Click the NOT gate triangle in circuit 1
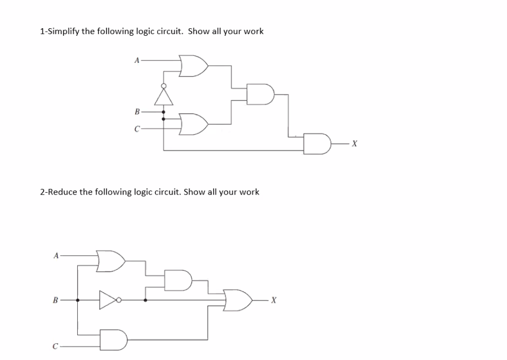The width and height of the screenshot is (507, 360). point(164,95)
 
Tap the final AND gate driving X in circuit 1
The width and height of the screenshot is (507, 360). point(316,144)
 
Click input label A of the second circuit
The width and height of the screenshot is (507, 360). point(56,256)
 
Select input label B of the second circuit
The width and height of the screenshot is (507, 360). point(56,300)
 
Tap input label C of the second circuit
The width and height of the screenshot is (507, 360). point(56,346)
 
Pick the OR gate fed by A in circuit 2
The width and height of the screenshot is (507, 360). point(111,261)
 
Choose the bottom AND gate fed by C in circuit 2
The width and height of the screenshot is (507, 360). point(114,340)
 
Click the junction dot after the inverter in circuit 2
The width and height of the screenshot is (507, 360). point(145,300)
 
